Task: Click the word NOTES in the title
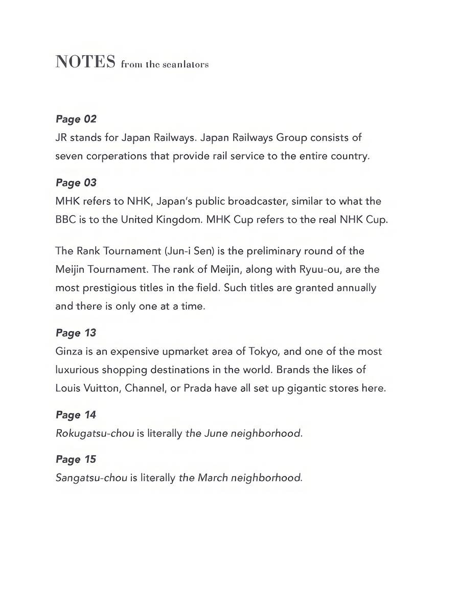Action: (85, 62)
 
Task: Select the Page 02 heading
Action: (76, 119)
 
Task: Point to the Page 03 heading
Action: (76, 182)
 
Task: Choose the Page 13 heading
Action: (76, 333)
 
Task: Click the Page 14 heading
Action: (76, 414)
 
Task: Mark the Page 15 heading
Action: (76, 459)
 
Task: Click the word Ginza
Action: (68, 351)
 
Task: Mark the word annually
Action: (356, 288)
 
